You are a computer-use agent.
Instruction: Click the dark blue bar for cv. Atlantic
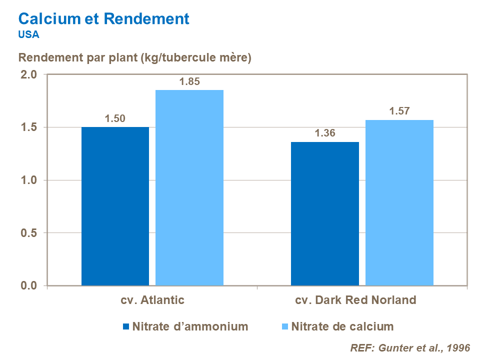pos(115,206)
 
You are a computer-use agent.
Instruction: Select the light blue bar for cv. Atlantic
pos(189,187)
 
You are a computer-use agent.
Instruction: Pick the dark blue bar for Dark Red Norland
pos(325,213)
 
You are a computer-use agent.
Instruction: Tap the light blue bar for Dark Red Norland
pos(399,202)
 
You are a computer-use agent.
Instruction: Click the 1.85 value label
pos(190,81)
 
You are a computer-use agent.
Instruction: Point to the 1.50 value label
pos(115,118)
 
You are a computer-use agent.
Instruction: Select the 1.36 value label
pos(325,133)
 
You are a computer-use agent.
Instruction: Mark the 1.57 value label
pos(399,111)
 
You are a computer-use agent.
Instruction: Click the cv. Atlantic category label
pos(152,300)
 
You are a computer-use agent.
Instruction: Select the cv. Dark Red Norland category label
pos(355,300)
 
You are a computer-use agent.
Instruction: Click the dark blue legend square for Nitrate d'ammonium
pos(126,327)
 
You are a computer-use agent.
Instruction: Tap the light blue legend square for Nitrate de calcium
pos(284,327)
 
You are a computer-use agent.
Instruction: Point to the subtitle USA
pos(28,34)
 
